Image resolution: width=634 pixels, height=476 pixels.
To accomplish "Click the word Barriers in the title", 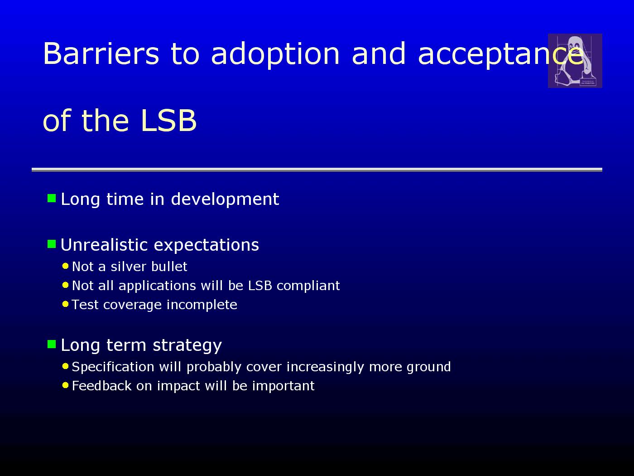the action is [101, 53].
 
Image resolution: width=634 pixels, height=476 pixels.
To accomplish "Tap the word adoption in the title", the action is [275, 55].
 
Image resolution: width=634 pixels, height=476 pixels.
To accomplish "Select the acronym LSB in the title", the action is [169, 120].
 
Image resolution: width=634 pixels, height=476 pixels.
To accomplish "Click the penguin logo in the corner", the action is [575, 61].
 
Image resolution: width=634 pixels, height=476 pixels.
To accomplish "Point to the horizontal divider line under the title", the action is [317, 170].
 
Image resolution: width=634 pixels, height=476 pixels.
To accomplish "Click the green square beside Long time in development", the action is [52, 198].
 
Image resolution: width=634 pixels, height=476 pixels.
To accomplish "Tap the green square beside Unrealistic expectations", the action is [52, 244].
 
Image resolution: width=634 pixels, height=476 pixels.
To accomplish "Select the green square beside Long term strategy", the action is [52, 344].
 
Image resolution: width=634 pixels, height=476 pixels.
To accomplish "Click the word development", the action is [225, 200].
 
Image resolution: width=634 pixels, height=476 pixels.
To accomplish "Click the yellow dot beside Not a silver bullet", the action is [65, 266].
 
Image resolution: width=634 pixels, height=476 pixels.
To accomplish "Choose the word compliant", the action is [308, 286].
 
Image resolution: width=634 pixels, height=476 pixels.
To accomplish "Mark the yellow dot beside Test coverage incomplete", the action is [65, 304].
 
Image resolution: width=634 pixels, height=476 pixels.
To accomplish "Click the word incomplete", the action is [202, 305].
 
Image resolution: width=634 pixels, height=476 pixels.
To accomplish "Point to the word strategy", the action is [187, 345].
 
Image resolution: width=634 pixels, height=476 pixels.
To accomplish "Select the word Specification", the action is [113, 367].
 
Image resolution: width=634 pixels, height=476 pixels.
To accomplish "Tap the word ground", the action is [429, 368].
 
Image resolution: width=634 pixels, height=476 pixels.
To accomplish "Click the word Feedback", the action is [102, 386].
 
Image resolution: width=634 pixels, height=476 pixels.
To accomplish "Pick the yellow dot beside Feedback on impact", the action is [65, 385].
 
